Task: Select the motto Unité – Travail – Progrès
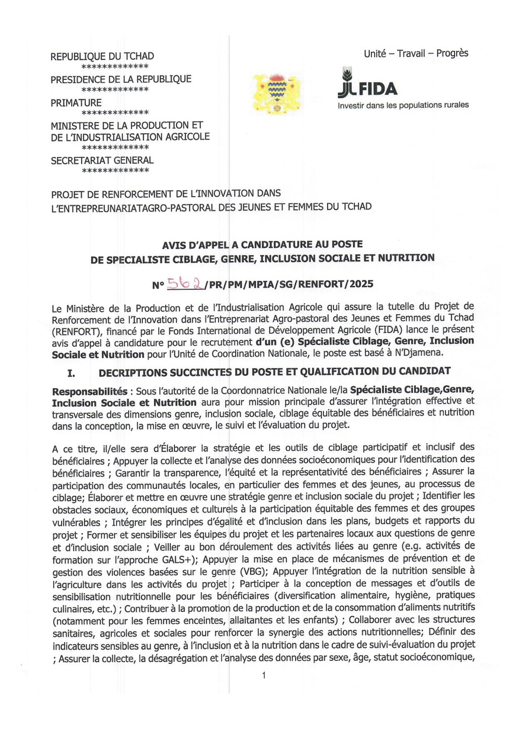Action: (x=416, y=53)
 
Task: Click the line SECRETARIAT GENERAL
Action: (x=102, y=160)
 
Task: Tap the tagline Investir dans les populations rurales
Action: (x=403, y=105)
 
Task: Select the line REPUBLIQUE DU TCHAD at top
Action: (x=102, y=57)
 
